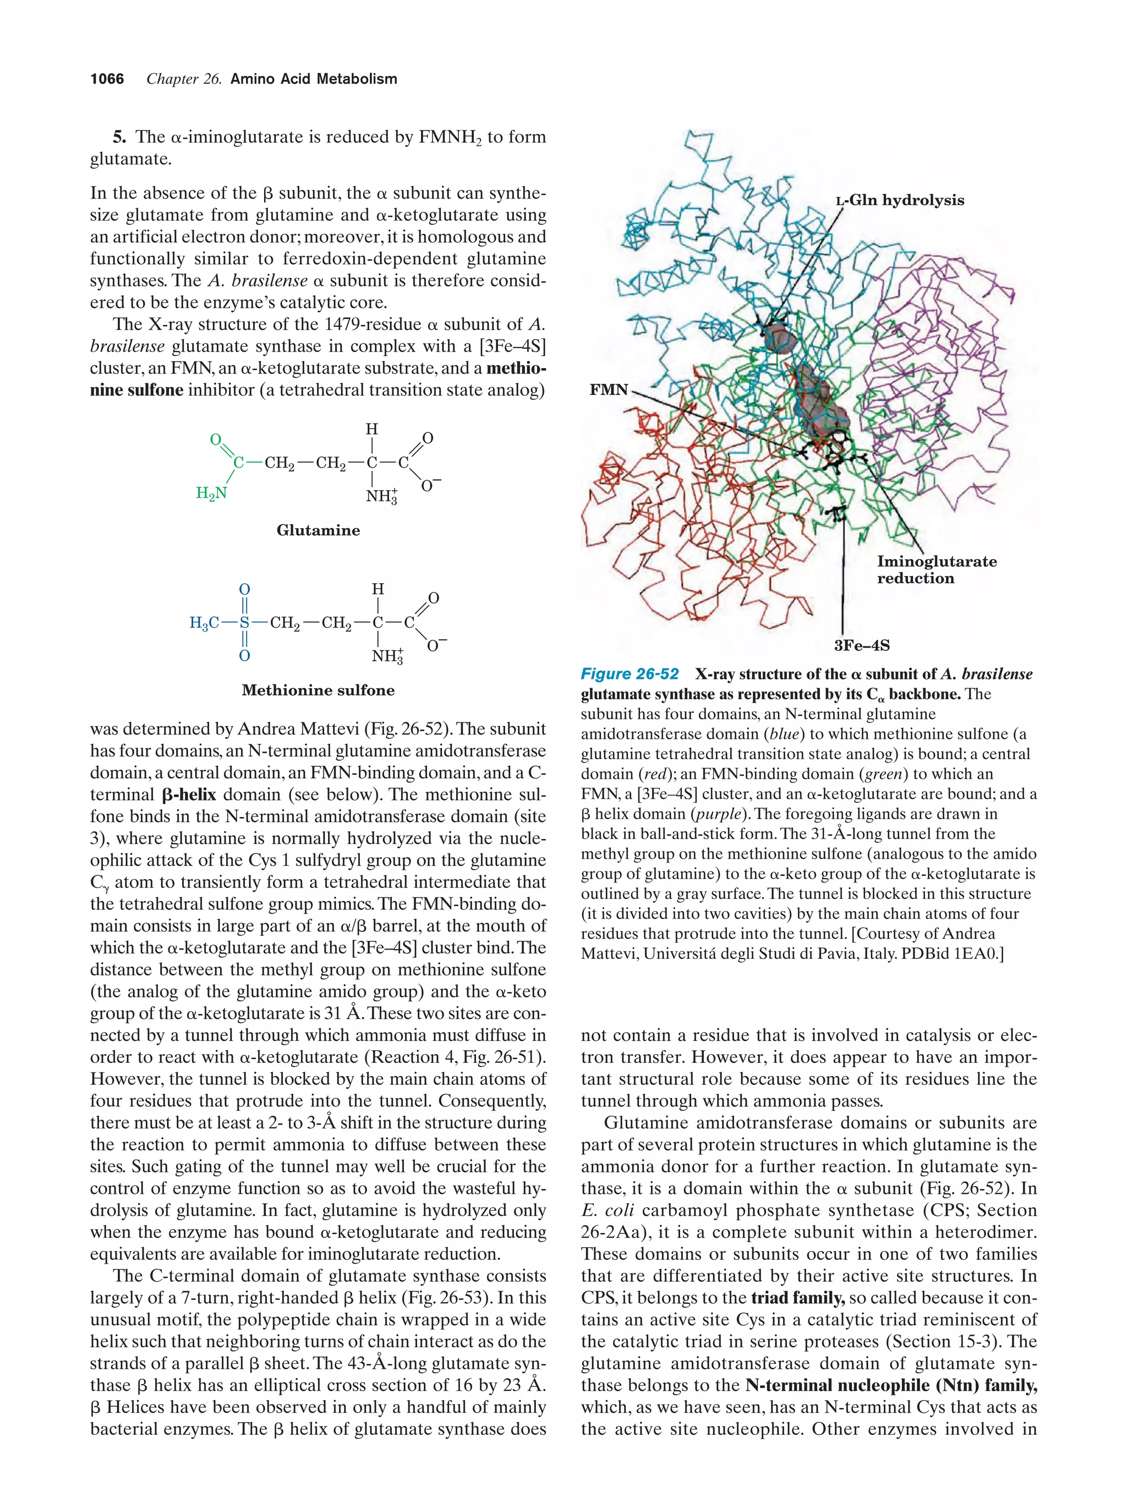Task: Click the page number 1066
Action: click(107, 79)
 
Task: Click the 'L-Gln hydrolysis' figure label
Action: click(899, 200)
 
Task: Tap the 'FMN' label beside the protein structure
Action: click(608, 390)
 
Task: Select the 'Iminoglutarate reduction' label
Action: click(936, 570)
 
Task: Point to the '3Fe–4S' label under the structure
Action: click(861, 645)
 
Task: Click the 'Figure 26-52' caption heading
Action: click(630, 675)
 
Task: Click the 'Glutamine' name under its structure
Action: click(318, 530)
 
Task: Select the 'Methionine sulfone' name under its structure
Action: click(318, 690)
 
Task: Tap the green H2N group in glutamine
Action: click(211, 493)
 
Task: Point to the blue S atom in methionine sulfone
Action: click(244, 622)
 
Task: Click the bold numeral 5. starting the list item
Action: click(119, 137)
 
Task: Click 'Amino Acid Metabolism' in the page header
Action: click(314, 79)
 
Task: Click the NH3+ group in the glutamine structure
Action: click(381, 496)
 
